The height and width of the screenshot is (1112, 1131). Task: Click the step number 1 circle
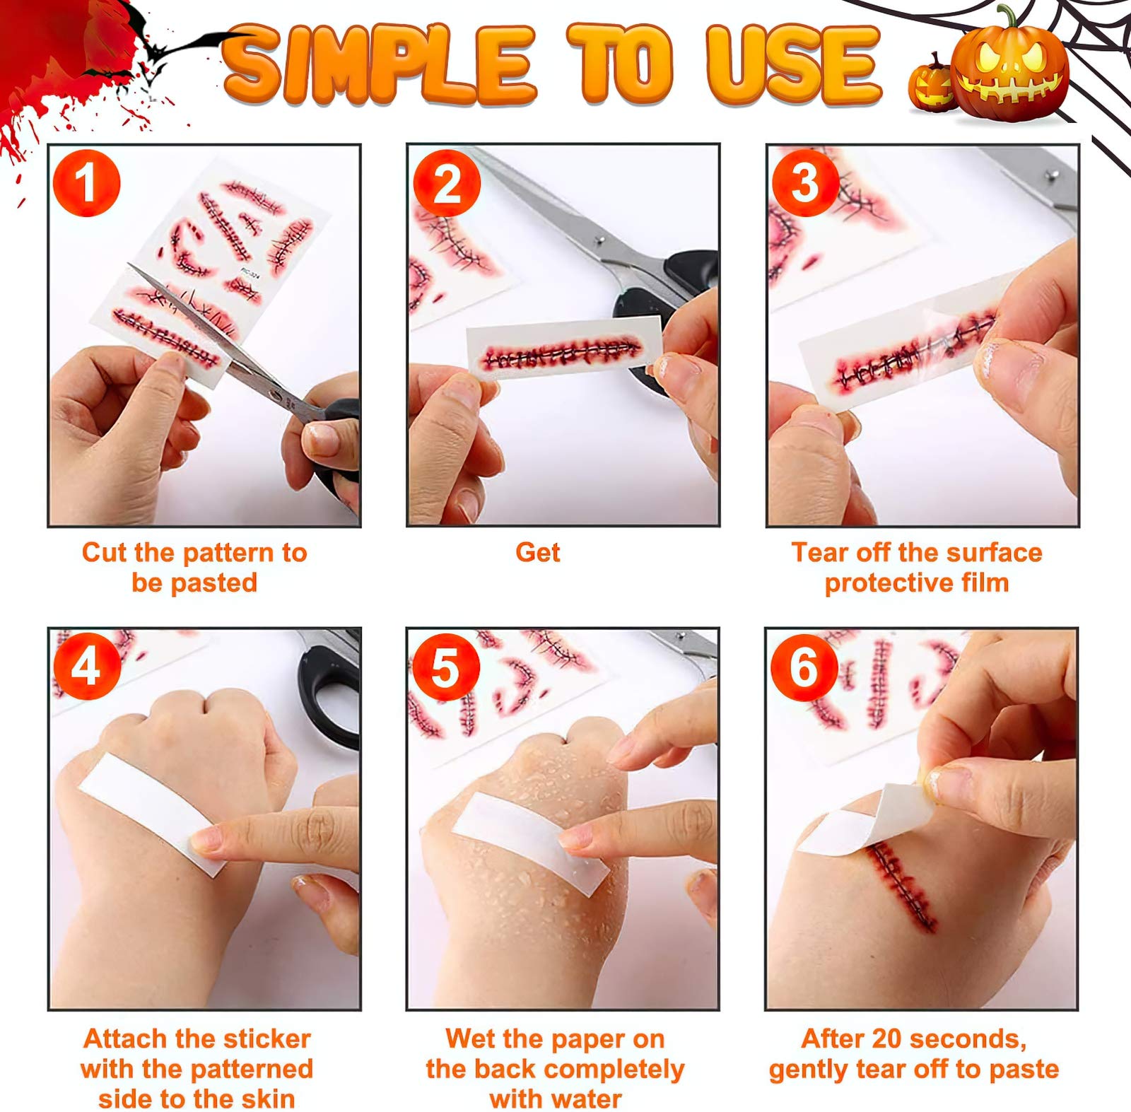coord(86,182)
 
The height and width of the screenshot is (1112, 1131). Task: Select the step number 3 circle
coord(806,182)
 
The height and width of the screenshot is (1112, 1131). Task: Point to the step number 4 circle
coord(86,667)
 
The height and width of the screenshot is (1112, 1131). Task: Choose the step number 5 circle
coord(446,667)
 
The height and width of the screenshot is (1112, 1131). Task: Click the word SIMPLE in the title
coord(379,65)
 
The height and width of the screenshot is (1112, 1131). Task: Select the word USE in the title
coord(794,65)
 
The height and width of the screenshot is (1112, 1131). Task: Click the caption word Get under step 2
coord(537,552)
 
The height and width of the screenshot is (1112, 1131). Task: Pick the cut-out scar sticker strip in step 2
coord(563,347)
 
